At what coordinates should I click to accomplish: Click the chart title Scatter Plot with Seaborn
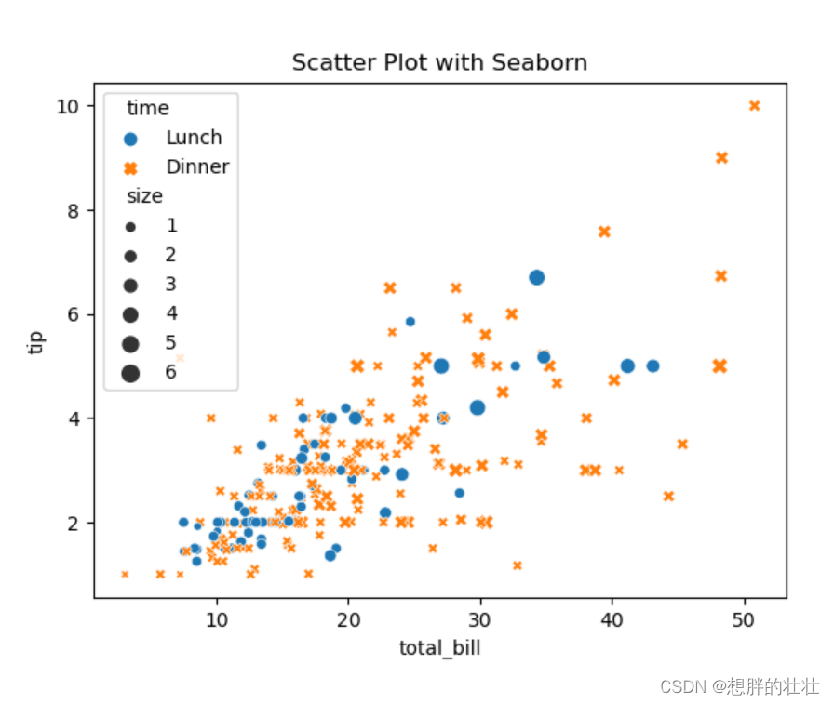tap(439, 62)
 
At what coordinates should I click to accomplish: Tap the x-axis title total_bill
tap(439, 648)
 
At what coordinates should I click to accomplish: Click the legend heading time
tap(148, 109)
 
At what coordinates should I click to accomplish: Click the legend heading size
tap(145, 196)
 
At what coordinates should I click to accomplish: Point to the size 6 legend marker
tap(130, 373)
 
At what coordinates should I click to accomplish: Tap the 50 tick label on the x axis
tap(743, 619)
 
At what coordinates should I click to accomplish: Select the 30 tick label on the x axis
tap(479, 619)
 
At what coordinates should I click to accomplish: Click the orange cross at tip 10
tap(754, 105)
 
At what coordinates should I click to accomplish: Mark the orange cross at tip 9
tap(721, 157)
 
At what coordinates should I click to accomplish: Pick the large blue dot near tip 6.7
tap(536, 277)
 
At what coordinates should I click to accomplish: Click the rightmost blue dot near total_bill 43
tap(652, 365)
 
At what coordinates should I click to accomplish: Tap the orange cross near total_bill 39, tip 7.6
tap(604, 232)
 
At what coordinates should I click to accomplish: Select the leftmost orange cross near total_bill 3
tap(125, 575)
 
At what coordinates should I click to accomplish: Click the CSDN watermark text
tap(739, 686)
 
